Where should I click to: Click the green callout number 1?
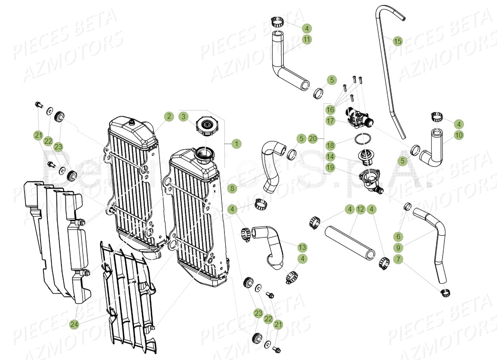point(236,144)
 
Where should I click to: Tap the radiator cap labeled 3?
point(207,126)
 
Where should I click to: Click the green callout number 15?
point(398,41)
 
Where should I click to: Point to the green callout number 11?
point(307,40)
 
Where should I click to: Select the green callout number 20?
point(313,138)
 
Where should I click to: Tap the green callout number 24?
point(74,324)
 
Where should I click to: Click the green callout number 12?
point(360,209)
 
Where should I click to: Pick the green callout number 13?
point(302,247)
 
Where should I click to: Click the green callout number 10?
point(459,135)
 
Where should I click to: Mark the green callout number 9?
point(399,247)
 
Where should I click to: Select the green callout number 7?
point(399,259)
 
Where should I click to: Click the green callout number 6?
point(399,236)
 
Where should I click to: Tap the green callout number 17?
point(330,121)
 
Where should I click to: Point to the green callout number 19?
point(330,168)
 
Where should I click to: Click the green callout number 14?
point(330,156)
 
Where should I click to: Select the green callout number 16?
point(330,109)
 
